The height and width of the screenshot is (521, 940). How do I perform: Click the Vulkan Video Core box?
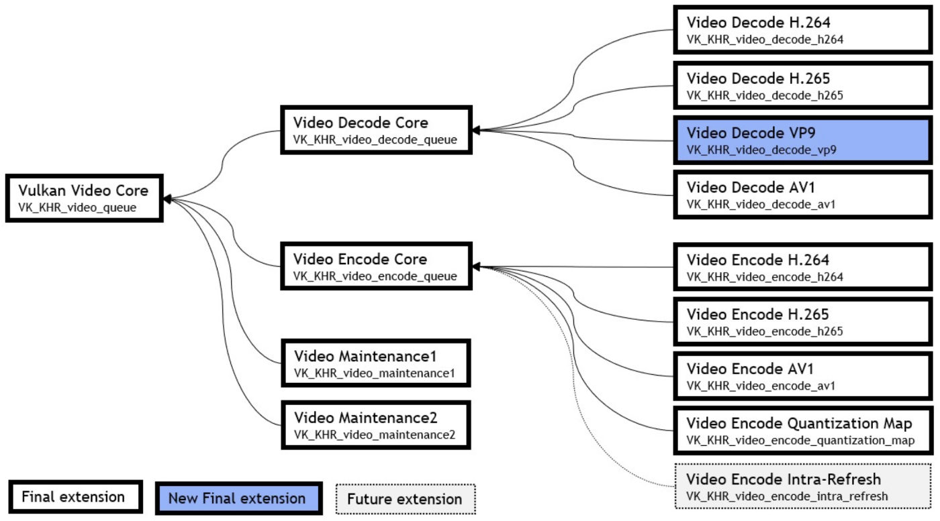(84, 198)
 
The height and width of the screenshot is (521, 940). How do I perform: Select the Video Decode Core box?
(376, 131)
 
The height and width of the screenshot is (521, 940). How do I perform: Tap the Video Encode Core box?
(376, 266)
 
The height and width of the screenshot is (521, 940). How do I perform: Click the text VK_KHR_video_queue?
(78, 208)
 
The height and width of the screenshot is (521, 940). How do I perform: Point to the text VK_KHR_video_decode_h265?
(765, 95)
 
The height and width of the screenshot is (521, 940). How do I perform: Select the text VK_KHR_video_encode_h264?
(765, 276)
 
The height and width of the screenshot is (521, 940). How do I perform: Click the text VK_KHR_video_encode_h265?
(765, 331)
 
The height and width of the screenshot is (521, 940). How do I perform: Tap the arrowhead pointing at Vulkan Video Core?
(168, 198)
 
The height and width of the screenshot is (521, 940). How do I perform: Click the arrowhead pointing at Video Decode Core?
(477, 129)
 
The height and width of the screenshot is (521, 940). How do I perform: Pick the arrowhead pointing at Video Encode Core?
(477, 266)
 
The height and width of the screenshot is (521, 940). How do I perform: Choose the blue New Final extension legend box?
(236, 498)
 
